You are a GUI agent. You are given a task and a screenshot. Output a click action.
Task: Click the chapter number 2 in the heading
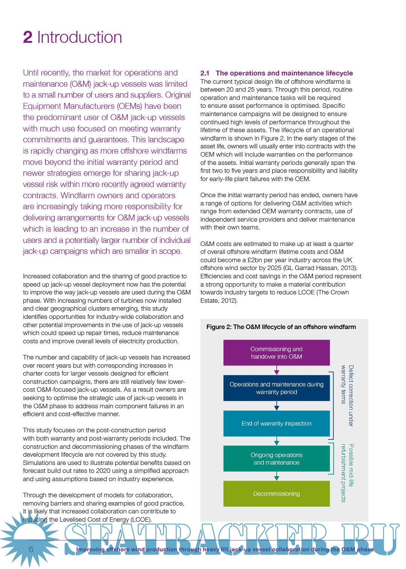pyautogui.click(x=27, y=38)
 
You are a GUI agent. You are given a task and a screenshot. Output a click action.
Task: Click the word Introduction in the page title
pyautogui.click(x=79, y=38)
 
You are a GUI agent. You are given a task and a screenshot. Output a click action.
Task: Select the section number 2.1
pyautogui.click(x=205, y=73)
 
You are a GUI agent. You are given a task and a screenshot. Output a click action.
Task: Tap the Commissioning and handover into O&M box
pyautogui.click(x=276, y=353)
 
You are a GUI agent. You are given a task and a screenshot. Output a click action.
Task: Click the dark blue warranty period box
pyautogui.click(x=276, y=388)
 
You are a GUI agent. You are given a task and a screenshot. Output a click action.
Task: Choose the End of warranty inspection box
pyautogui.click(x=276, y=423)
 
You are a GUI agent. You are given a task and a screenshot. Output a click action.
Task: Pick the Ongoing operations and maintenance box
pyautogui.click(x=276, y=459)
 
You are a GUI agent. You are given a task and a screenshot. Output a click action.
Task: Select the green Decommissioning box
pyautogui.click(x=276, y=494)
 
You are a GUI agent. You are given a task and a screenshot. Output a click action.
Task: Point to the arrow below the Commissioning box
pyautogui.click(x=277, y=371)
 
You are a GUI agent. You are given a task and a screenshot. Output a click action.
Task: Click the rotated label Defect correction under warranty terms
pyautogui.click(x=347, y=395)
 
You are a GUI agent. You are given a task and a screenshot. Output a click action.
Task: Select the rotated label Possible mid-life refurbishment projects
pyautogui.click(x=347, y=472)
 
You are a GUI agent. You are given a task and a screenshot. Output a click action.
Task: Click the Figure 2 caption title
pyautogui.click(x=281, y=327)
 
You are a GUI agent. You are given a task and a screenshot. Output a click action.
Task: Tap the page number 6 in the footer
pyautogui.click(x=31, y=549)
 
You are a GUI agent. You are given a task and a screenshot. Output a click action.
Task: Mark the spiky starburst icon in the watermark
pyautogui.click(x=29, y=539)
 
